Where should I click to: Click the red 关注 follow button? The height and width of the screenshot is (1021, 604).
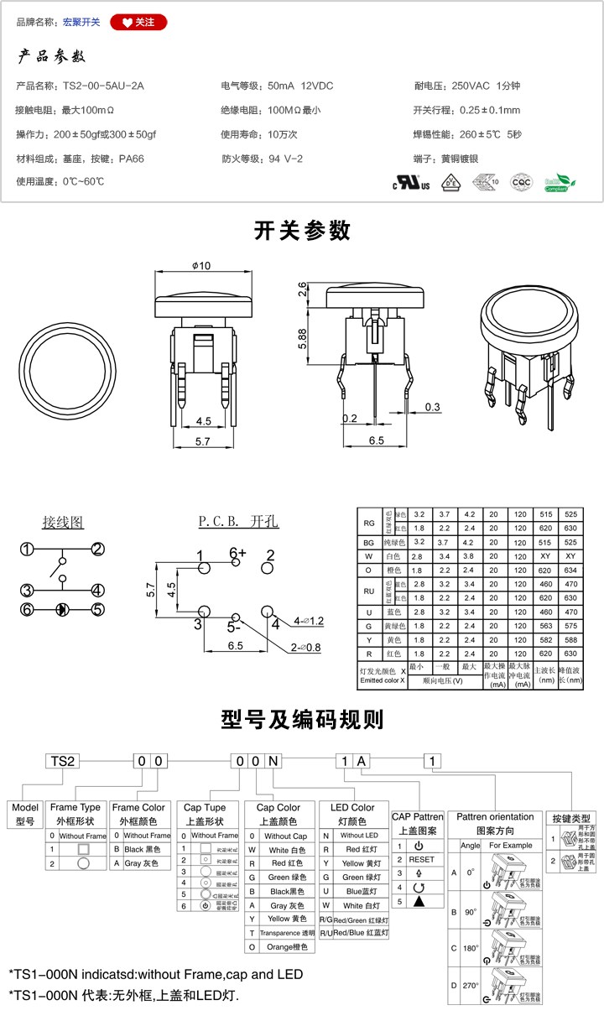138,22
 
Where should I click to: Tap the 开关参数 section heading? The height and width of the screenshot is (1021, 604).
302,231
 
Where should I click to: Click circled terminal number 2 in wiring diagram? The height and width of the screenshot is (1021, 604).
98,550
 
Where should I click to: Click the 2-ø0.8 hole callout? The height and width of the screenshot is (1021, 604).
305,648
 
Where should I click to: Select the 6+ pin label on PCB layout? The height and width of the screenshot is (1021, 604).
238,553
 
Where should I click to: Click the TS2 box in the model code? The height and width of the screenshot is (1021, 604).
64,761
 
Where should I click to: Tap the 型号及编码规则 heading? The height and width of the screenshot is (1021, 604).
302,719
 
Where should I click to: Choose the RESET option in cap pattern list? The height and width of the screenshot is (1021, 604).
421,859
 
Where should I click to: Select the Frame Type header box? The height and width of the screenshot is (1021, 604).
75,814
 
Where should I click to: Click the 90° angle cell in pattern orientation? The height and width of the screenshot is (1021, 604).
471,911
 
